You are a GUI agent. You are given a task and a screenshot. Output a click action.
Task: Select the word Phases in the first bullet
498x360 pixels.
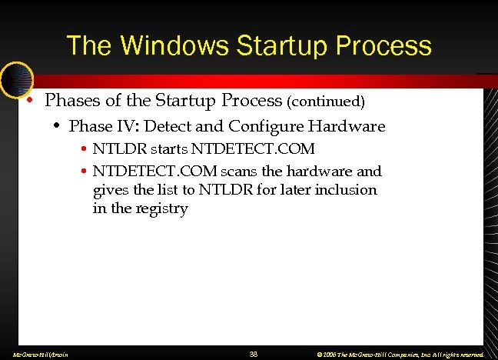point(71,101)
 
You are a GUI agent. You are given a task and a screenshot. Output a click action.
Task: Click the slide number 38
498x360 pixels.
point(254,354)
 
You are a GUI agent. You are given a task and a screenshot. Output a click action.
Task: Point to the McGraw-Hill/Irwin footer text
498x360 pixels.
point(36,355)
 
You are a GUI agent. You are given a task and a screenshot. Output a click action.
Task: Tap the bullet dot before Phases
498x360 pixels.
point(28,101)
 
